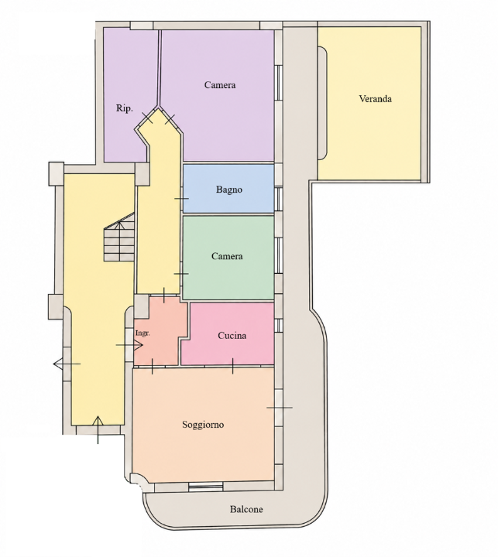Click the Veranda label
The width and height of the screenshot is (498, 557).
(376, 99)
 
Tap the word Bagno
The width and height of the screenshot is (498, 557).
(229, 190)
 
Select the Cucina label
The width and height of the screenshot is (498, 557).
(232, 336)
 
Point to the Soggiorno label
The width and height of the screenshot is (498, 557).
(203, 425)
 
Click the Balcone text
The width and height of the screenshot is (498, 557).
(246, 509)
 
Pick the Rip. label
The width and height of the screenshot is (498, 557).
(125, 108)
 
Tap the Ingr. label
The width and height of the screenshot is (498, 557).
(143, 333)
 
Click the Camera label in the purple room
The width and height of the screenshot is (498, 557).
(220, 85)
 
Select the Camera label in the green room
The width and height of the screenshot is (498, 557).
(227, 256)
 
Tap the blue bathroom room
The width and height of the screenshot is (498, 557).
(228, 189)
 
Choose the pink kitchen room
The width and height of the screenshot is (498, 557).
(228, 334)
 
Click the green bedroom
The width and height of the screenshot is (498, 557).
(228, 258)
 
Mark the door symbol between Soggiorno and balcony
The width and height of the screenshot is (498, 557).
(280, 408)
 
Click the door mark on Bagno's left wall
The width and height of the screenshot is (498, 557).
(181, 199)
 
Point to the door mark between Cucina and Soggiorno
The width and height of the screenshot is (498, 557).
(233, 366)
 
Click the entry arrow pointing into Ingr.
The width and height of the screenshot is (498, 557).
(129, 345)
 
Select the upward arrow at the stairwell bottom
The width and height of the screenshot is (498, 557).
(98, 430)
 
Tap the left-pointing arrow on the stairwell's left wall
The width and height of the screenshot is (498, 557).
(67, 364)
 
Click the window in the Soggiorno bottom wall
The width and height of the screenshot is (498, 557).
(205, 487)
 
